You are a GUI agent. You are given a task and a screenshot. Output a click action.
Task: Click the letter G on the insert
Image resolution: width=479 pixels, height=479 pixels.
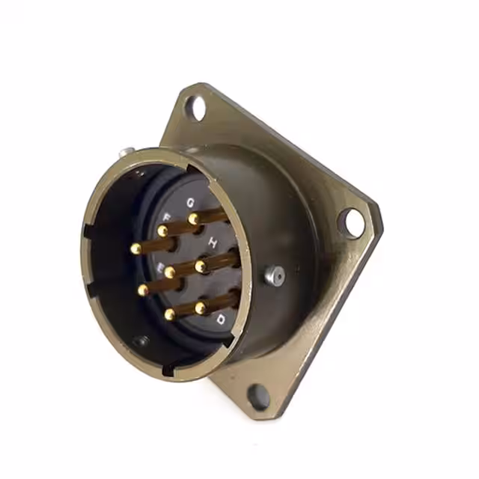click(x=191, y=202)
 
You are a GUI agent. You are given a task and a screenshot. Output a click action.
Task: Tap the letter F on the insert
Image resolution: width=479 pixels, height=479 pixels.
click(x=166, y=218)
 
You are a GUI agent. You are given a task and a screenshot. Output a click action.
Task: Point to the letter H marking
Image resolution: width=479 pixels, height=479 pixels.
click(x=213, y=242)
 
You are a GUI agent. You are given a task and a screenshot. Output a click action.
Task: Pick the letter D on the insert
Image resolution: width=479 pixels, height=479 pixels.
click(x=221, y=320)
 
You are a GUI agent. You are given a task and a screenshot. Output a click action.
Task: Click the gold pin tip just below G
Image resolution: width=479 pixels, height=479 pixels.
click(x=193, y=219)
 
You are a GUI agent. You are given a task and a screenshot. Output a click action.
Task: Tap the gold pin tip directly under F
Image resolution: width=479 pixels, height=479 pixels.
click(x=162, y=231)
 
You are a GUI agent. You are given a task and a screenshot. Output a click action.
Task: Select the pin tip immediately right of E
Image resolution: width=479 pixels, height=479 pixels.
click(x=170, y=272)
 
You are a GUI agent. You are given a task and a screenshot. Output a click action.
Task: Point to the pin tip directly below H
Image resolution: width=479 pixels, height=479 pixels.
click(x=201, y=266)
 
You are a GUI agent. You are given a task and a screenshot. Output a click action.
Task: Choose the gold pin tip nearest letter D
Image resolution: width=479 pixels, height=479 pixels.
click(x=201, y=308)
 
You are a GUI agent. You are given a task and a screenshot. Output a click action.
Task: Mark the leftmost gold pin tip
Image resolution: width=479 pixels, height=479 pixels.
click(x=135, y=248)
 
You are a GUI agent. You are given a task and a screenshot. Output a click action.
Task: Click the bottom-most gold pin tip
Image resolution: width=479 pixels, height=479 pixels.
click(x=170, y=315)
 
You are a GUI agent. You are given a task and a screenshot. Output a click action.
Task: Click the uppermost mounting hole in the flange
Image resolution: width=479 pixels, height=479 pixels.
click(x=195, y=108)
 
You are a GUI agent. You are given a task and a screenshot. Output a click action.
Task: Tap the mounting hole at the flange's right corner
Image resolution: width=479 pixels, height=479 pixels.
click(x=350, y=222)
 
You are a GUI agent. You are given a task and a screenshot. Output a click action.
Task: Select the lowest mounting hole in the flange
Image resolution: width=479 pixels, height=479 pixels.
click(x=257, y=397)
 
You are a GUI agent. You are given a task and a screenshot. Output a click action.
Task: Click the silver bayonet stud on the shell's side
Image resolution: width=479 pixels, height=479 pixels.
click(x=275, y=276)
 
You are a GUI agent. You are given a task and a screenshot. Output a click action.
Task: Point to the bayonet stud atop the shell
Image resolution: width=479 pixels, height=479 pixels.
click(x=126, y=152)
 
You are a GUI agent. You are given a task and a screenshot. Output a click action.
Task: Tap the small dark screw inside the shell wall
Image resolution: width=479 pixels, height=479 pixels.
click(x=141, y=341)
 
